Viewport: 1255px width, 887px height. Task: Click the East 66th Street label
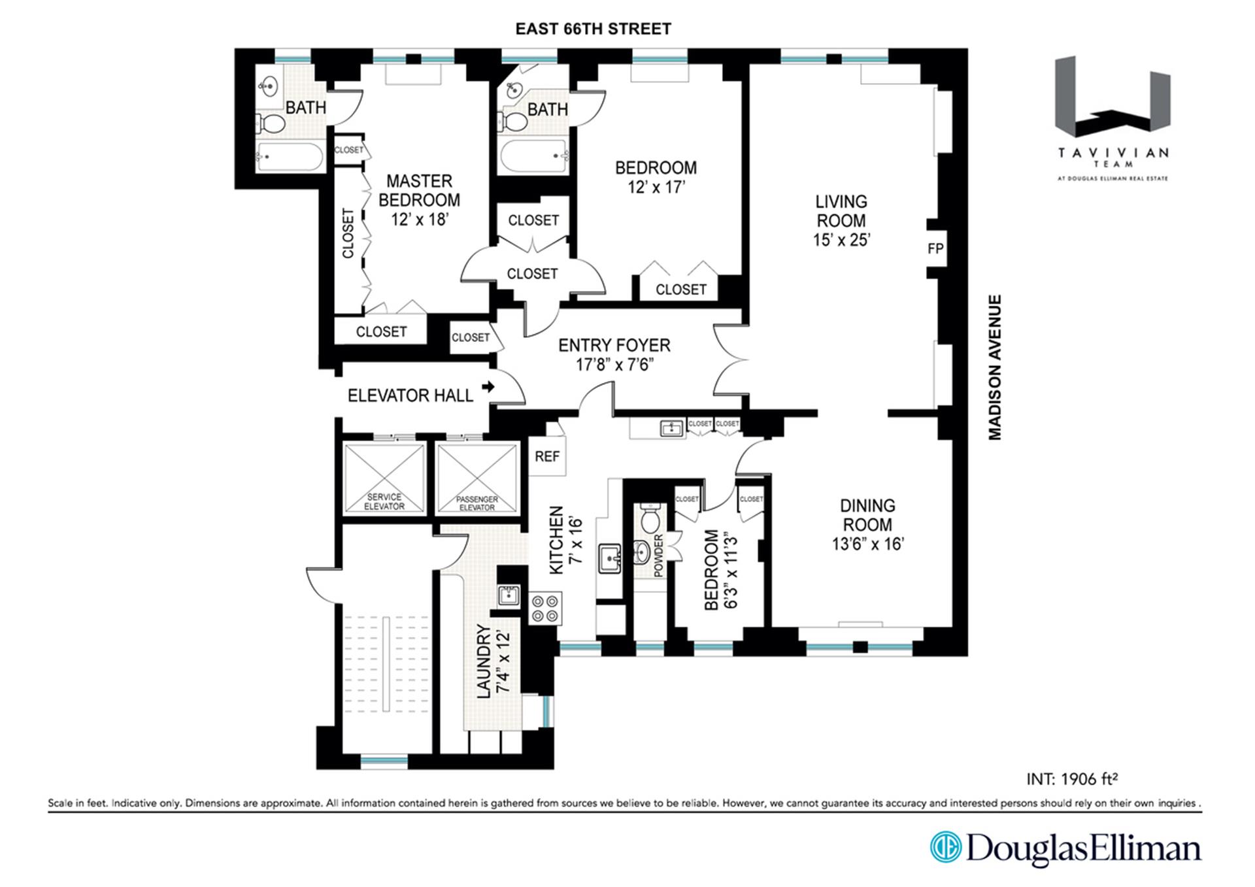pyautogui.click(x=593, y=29)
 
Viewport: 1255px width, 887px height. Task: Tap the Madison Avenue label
pyautogui.click(x=994, y=367)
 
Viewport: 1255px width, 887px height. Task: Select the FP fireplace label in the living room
pyautogui.click(x=935, y=248)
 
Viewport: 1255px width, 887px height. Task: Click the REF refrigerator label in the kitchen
pyautogui.click(x=547, y=456)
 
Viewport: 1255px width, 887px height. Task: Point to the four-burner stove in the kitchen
pyautogui.click(x=545, y=608)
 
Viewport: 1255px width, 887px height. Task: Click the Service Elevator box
pyautogui.click(x=384, y=478)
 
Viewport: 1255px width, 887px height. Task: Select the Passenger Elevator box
pyautogui.click(x=477, y=478)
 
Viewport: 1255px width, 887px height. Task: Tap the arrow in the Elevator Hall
pyautogui.click(x=488, y=387)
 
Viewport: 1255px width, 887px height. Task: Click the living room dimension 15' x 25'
pyautogui.click(x=841, y=240)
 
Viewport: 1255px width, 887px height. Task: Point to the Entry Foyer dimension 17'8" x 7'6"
pyautogui.click(x=614, y=364)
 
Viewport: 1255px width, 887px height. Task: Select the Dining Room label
pyautogui.click(x=867, y=515)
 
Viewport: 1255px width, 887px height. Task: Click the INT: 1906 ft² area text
pyautogui.click(x=1072, y=778)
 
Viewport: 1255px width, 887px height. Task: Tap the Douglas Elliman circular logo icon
pyautogui.click(x=946, y=847)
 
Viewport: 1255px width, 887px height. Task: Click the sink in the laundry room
pyautogui.click(x=509, y=595)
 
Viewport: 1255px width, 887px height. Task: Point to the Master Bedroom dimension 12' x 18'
pyautogui.click(x=420, y=219)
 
